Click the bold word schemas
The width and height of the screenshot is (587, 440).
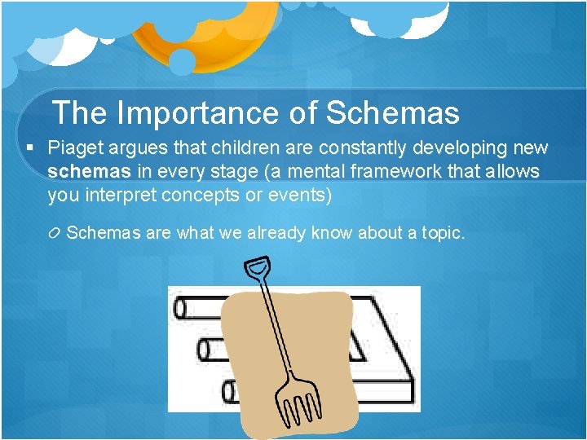coord(88,172)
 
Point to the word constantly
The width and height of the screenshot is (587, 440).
coord(369,148)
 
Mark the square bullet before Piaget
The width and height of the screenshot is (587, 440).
coord(29,148)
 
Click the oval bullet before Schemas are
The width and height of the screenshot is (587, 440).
coord(55,234)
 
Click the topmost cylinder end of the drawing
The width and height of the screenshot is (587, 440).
coord(181,308)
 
